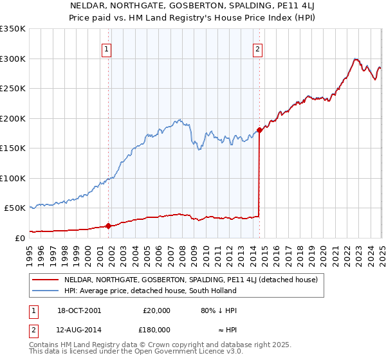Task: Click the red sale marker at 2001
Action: click(x=108, y=226)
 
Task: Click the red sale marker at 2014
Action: click(x=259, y=130)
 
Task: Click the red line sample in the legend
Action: click(x=45, y=280)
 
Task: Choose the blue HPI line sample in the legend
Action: click(x=45, y=291)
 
